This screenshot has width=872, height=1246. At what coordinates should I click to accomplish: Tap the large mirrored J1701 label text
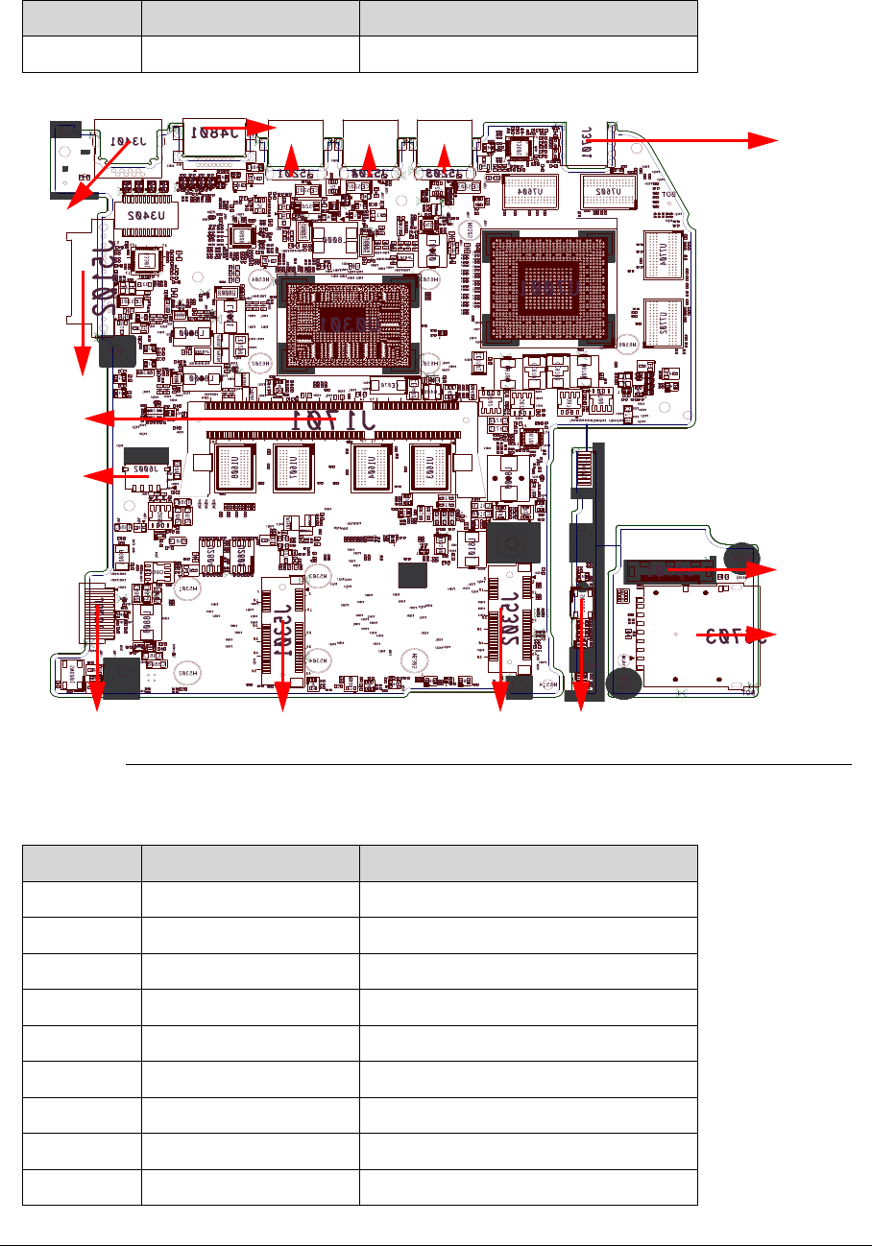333,419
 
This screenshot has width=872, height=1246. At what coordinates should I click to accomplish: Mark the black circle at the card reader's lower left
626,683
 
